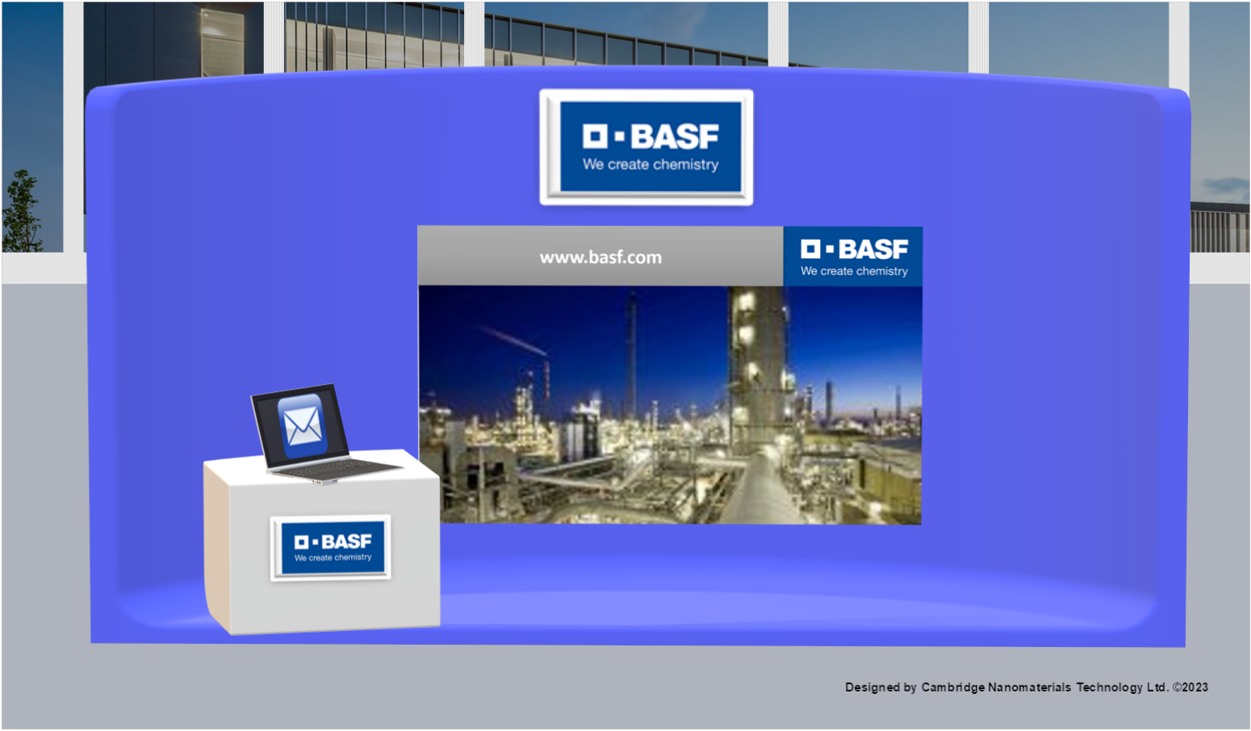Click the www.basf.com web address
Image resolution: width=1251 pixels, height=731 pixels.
click(x=600, y=257)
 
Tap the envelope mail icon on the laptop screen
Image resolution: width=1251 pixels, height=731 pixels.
click(x=303, y=425)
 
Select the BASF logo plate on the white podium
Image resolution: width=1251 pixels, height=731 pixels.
click(x=331, y=547)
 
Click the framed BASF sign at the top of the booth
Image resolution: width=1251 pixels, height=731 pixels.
click(x=646, y=147)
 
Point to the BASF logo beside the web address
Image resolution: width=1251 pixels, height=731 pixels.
click(x=853, y=257)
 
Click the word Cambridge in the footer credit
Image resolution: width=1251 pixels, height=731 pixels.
click(x=952, y=687)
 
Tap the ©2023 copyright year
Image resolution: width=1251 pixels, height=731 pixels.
click(x=1190, y=687)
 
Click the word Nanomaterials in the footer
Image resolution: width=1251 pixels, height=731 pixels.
click(x=1029, y=687)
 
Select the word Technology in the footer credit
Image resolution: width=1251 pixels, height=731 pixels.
click(x=1109, y=687)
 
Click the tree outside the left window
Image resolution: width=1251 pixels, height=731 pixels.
click(x=21, y=211)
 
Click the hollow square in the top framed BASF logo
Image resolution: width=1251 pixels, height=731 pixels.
click(x=595, y=136)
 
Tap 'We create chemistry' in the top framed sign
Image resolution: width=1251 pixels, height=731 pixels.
click(x=651, y=165)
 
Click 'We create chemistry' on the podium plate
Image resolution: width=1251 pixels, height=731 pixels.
click(x=333, y=558)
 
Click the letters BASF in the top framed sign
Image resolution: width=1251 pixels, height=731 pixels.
click(x=675, y=137)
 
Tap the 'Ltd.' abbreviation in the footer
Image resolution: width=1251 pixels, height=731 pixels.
click(x=1157, y=687)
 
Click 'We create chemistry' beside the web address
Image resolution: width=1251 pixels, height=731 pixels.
click(x=854, y=271)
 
